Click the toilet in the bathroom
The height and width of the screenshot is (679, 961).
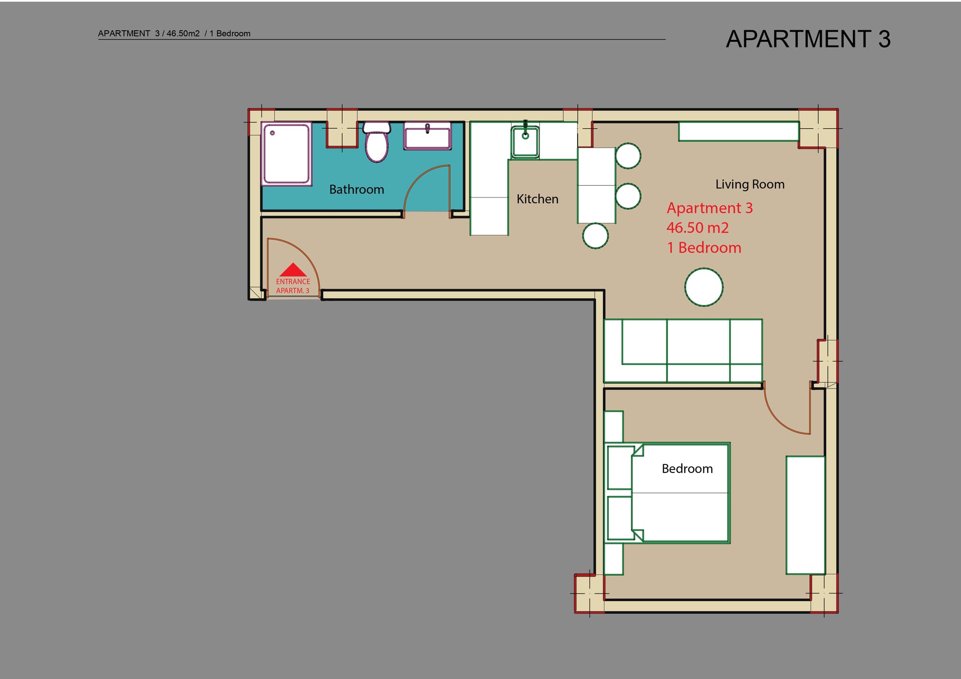(377, 142)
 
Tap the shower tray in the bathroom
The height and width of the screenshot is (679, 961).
(286, 154)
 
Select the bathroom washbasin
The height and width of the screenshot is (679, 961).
(427, 136)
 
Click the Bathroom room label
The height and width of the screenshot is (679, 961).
(357, 189)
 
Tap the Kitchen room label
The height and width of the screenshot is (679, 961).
(537, 199)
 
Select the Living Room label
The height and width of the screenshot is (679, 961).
(750, 184)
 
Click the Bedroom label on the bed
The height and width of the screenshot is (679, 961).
(687, 469)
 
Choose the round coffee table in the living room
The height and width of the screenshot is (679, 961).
(703, 287)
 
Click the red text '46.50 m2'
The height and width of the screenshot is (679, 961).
(698, 228)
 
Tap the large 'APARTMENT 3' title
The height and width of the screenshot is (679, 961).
(808, 39)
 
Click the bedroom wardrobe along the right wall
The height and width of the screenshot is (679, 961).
(805, 515)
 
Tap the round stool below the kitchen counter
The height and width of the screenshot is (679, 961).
(595, 236)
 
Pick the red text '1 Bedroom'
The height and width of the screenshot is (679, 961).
(704, 248)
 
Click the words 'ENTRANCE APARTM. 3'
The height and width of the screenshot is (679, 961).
(293, 286)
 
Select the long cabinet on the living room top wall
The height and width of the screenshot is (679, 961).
(739, 131)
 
